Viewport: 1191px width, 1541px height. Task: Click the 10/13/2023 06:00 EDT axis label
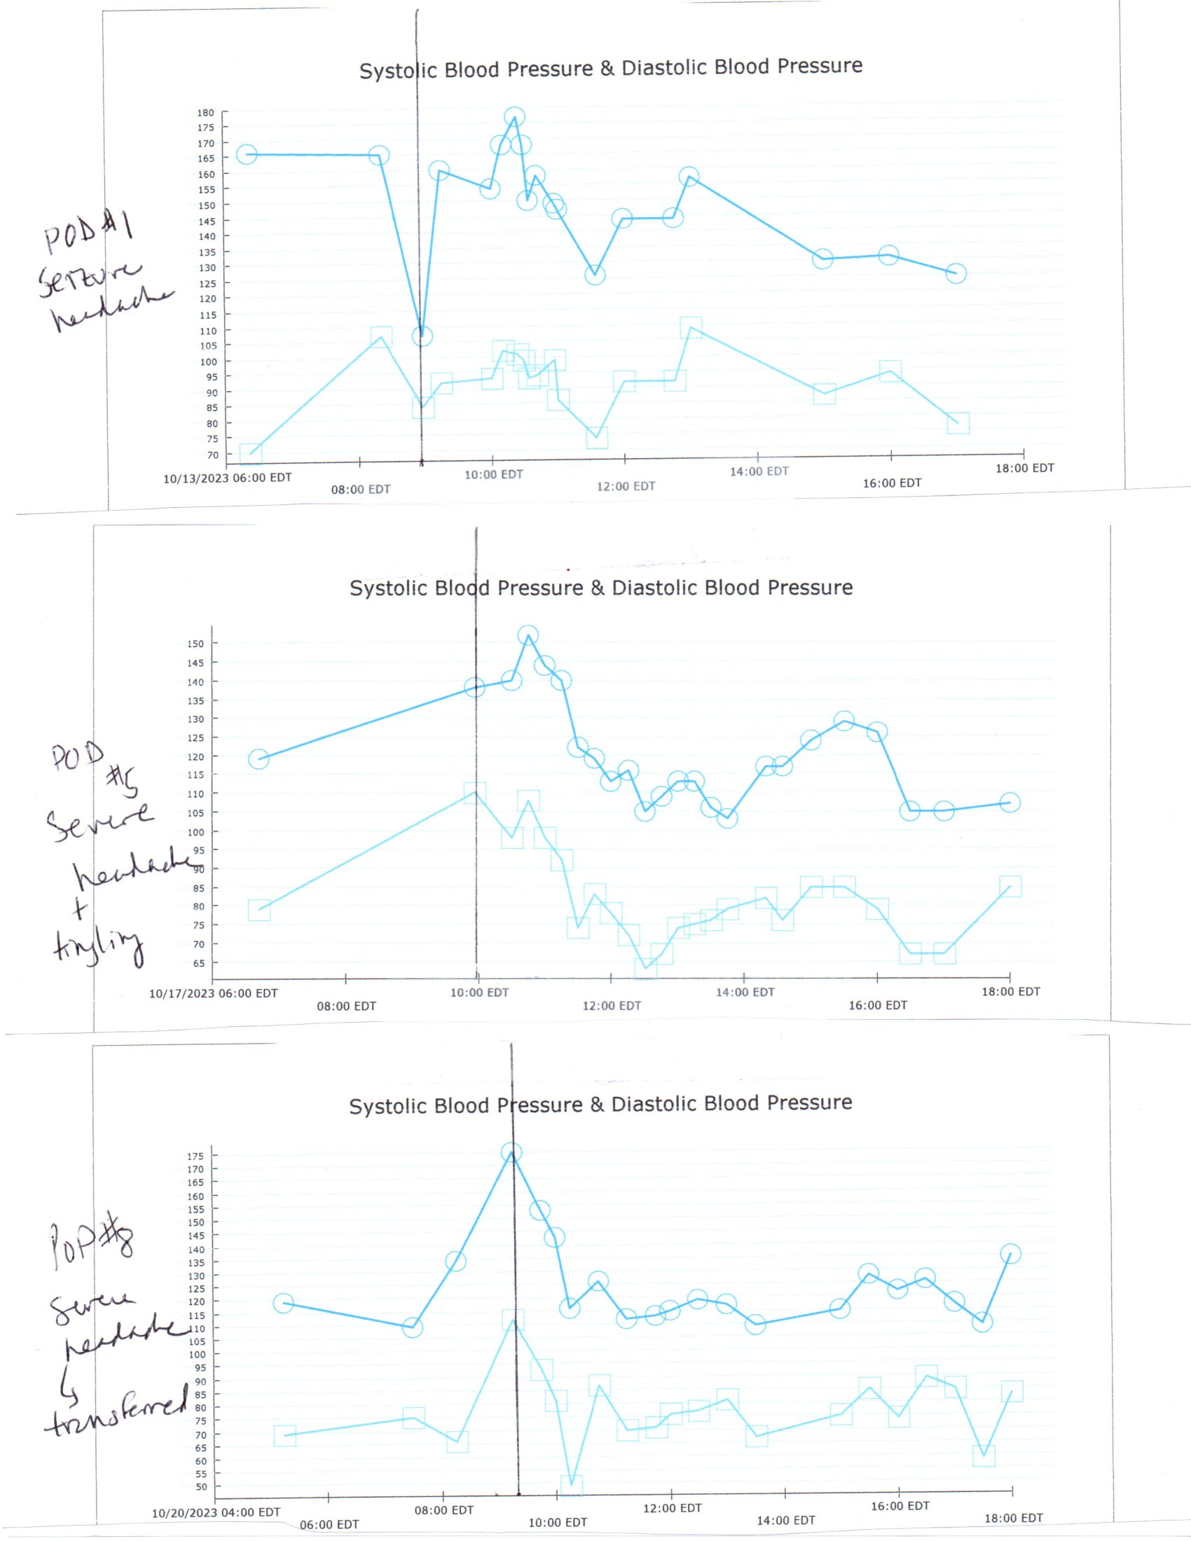click(227, 478)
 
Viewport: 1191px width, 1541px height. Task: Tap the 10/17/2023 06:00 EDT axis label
click(213, 993)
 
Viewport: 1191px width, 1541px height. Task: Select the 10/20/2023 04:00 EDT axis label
click(216, 1512)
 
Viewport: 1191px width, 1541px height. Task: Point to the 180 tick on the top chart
click(205, 113)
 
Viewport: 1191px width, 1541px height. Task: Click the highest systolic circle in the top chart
click(514, 117)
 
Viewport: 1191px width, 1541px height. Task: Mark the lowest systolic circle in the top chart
click(422, 336)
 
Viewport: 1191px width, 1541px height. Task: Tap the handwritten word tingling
click(99, 946)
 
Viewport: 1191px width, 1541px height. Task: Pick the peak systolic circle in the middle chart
click(528, 636)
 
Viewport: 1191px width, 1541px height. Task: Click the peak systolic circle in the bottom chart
click(511, 1153)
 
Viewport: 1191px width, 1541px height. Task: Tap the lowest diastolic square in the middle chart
click(645, 967)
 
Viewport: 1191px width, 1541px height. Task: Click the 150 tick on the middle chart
click(195, 644)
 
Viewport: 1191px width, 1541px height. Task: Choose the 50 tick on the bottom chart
click(201, 1486)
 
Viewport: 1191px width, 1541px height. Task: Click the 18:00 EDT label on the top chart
click(1024, 468)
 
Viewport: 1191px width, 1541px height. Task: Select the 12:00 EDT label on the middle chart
click(612, 1005)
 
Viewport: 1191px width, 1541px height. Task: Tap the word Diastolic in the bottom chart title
click(662, 1104)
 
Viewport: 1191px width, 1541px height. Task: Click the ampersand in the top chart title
click(607, 69)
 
